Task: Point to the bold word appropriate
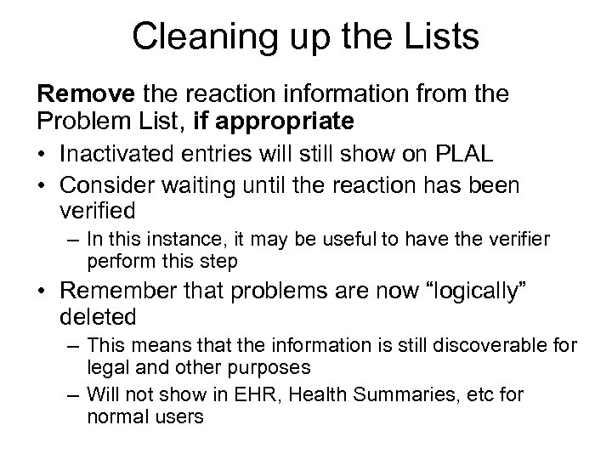coord(287,121)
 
